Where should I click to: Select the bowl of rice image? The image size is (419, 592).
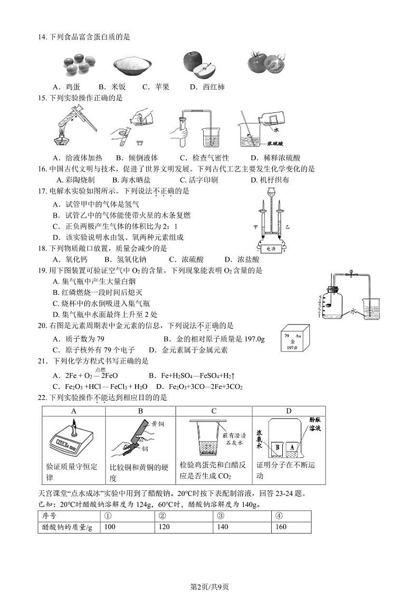click(x=132, y=66)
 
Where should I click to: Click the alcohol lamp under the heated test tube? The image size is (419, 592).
click(x=61, y=136)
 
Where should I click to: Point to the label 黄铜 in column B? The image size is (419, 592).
click(x=158, y=424)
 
